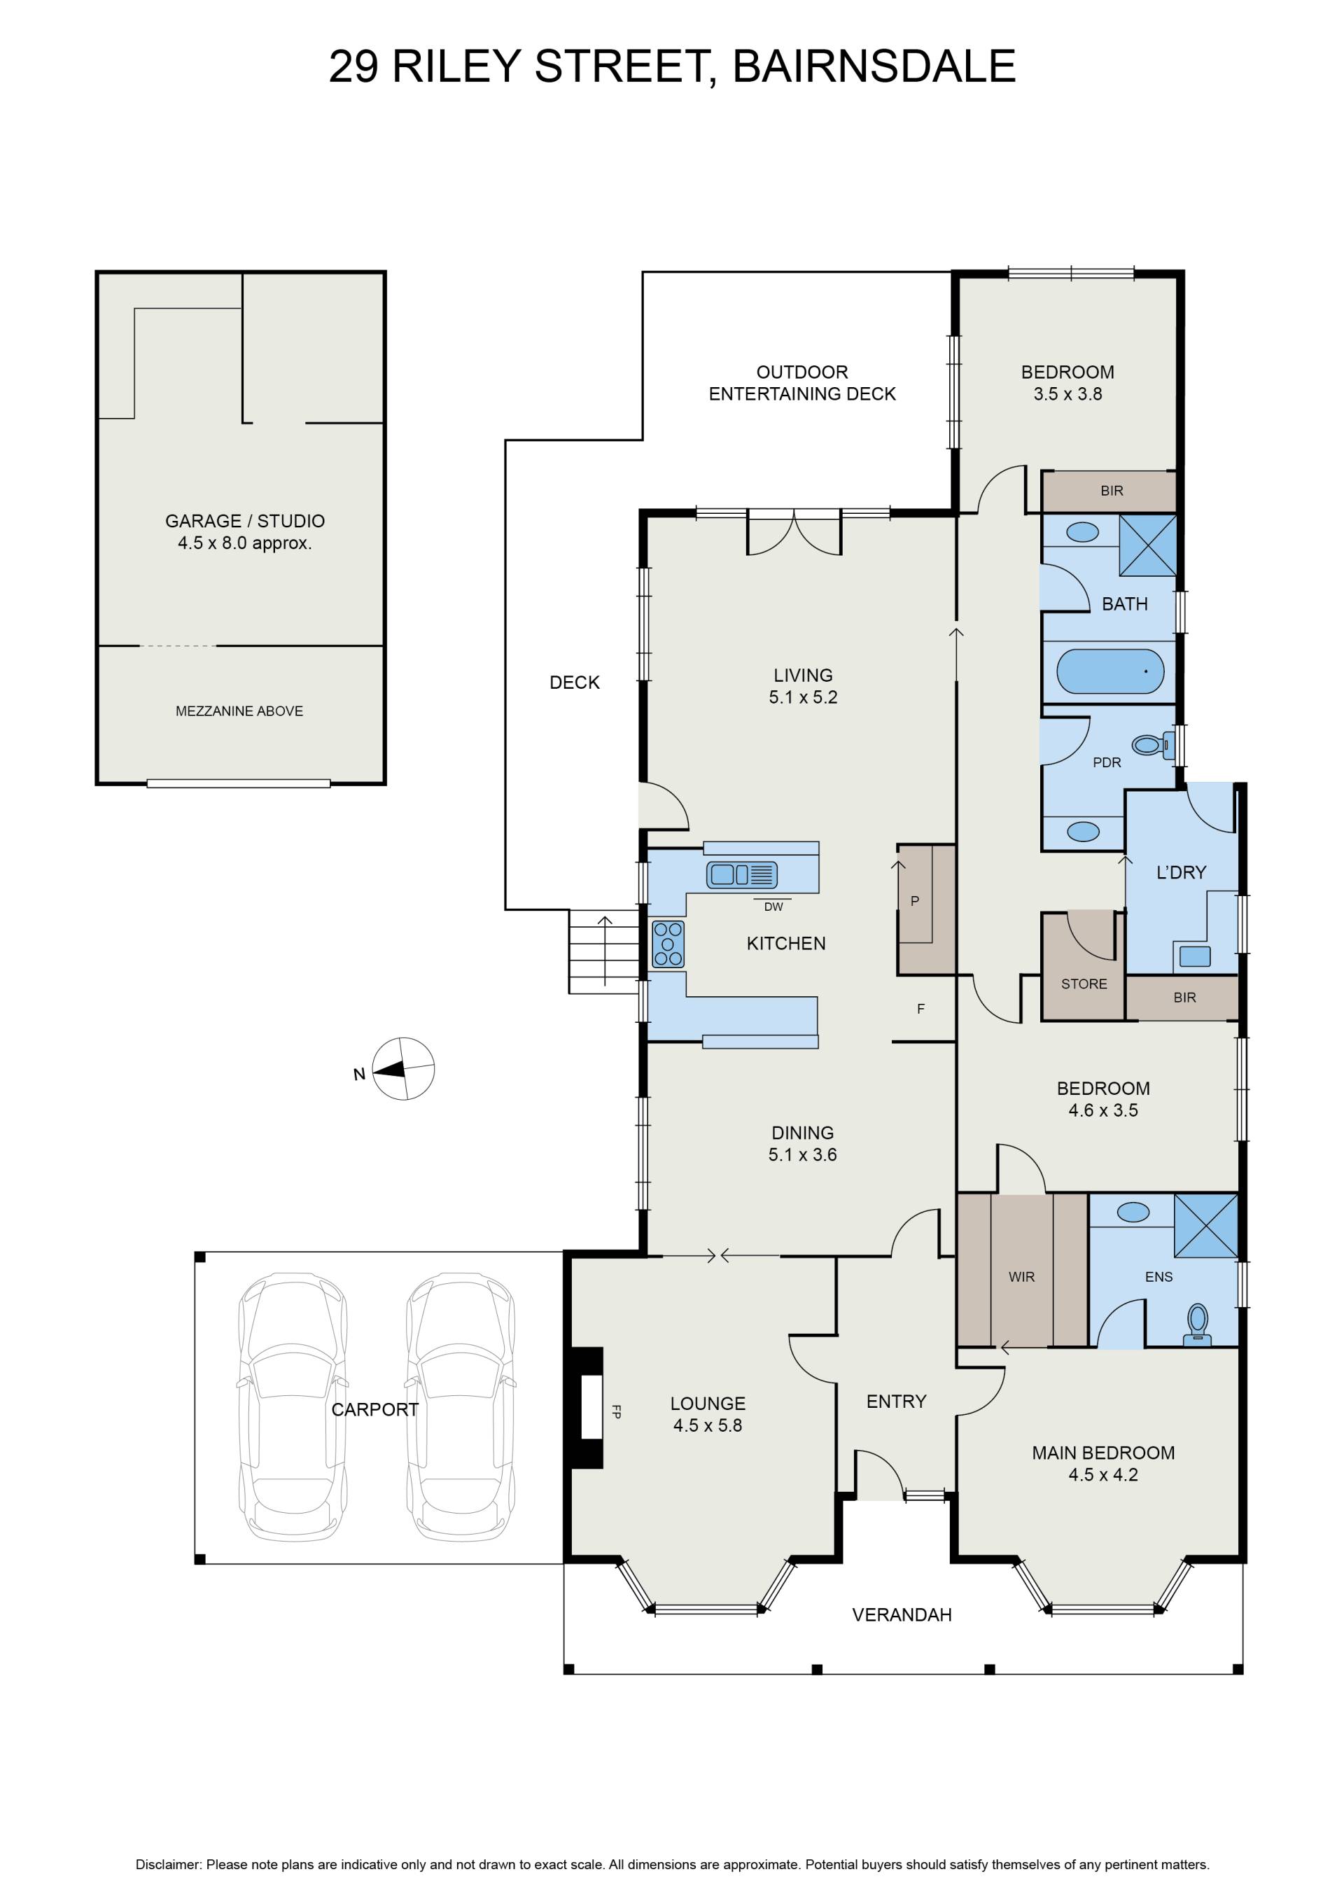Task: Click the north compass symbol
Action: tap(403, 1068)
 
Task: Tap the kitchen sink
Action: tap(741, 874)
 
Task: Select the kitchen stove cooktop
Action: tap(668, 944)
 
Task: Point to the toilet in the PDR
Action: tap(1153, 745)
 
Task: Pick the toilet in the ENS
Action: tap(1198, 1324)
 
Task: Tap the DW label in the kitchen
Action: tap(773, 907)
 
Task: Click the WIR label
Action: tap(1021, 1277)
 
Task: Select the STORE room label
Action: tap(1084, 984)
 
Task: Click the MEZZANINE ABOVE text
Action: tap(239, 711)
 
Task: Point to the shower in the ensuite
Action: tap(1206, 1226)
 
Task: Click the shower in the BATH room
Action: tap(1148, 545)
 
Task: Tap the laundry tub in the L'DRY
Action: tap(1194, 956)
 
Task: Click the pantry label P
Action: tap(914, 901)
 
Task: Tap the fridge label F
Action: tap(920, 1009)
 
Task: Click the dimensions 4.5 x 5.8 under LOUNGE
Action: tap(708, 1425)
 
